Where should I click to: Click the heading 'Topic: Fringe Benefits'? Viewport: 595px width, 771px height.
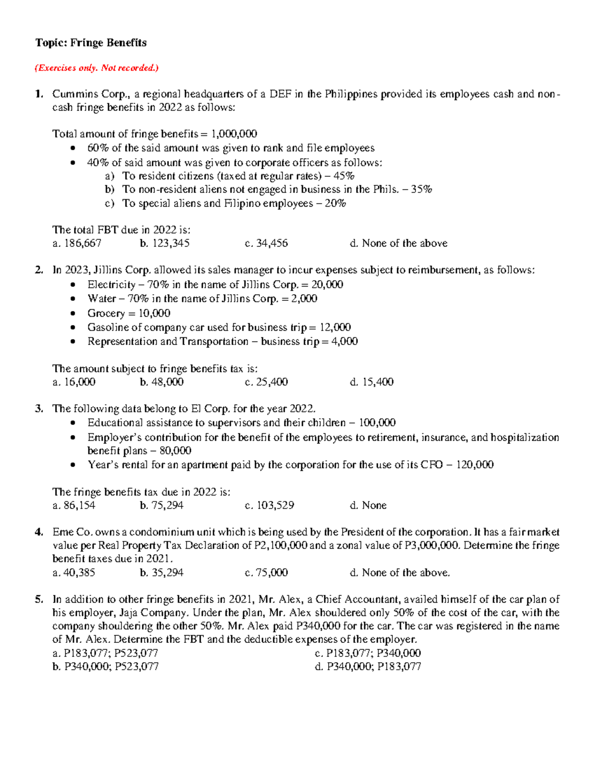coord(91,43)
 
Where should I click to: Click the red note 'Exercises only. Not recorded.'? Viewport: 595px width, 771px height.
coord(96,68)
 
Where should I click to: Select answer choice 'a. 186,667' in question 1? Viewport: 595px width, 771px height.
coord(77,243)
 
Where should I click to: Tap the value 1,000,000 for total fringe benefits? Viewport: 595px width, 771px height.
coord(234,134)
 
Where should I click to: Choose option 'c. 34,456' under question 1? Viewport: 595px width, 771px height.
coord(266,243)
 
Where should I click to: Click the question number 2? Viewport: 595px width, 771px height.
coord(39,270)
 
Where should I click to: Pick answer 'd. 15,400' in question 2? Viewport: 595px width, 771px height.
coord(371,382)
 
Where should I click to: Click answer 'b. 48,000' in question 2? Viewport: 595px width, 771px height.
coord(162,382)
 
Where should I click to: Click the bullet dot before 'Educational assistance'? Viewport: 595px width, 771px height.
coord(73,423)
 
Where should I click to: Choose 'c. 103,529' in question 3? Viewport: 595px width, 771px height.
coord(269,505)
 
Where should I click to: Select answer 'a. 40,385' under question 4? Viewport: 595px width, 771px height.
coord(73,572)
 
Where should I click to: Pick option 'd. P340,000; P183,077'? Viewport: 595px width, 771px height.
coord(368,666)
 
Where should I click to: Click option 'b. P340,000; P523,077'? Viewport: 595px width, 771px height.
coord(106,666)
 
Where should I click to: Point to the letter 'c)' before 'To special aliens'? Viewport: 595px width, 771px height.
coord(110,204)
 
